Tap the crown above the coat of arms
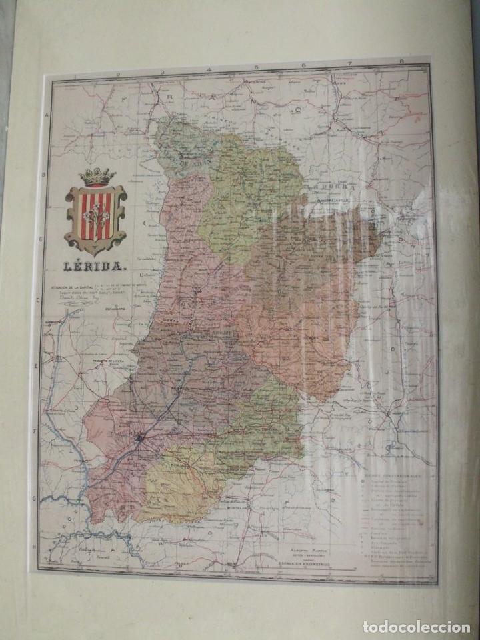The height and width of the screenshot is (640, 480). point(97,177)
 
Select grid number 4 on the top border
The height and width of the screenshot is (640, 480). point(209,69)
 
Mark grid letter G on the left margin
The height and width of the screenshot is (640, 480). point(33,497)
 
